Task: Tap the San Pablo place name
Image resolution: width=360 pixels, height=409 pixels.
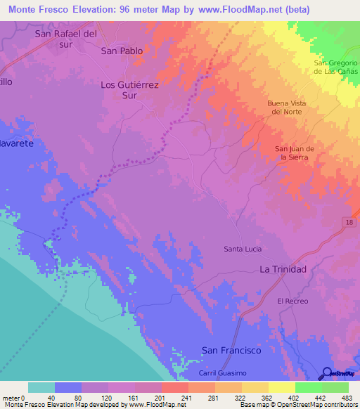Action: [x=122, y=51]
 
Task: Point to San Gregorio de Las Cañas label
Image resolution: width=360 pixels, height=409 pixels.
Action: [x=335, y=67]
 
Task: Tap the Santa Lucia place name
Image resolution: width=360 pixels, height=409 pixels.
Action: [x=243, y=249]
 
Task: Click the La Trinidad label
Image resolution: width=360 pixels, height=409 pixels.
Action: [x=283, y=269]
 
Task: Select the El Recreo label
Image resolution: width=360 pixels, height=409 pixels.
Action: [x=292, y=301]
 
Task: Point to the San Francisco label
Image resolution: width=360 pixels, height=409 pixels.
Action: [x=231, y=350]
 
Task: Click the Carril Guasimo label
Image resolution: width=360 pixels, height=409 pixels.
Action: [x=224, y=372]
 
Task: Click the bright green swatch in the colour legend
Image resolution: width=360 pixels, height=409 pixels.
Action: [x=309, y=387]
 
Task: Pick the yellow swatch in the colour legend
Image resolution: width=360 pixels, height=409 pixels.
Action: [x=282, y=387]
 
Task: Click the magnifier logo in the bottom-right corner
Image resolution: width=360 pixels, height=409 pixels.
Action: [x=326, y=372]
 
